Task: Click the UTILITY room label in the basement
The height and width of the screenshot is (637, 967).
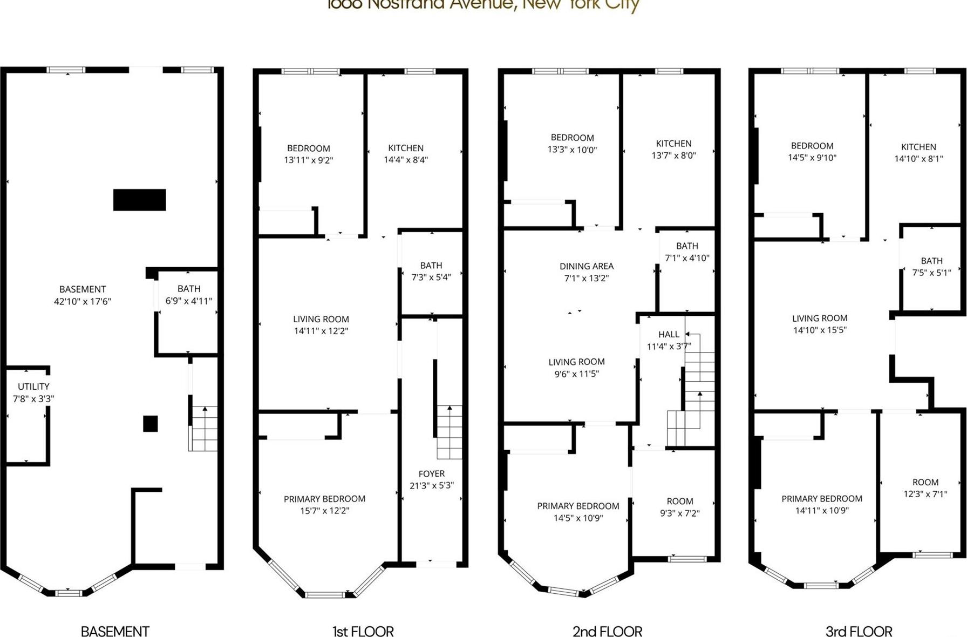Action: (x=33, y=387)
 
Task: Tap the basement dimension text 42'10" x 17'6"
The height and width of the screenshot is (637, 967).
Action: (x=82, y=301)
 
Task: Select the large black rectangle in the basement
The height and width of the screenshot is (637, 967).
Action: (x=139, y=200)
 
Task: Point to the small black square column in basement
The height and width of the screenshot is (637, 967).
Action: (x=150, y=424)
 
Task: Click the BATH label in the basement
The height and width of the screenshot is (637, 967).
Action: (x=189, y=289)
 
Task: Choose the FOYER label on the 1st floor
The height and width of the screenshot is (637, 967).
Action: (x=431, y=473)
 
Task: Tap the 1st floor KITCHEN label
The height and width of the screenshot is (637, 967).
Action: (x=406, y=148)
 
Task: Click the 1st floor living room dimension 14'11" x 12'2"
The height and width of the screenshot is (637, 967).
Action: (x=321, y=331)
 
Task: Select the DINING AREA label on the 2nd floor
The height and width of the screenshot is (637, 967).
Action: (x=587, y=266)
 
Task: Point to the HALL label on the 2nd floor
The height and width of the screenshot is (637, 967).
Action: (x=669, y=334)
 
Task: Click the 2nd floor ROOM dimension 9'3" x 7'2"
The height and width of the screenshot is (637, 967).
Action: (x=680, y=513)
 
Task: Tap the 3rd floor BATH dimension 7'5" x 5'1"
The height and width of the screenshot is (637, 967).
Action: (x=931, y=273)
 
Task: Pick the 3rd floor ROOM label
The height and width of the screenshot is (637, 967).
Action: (x=925, y=482)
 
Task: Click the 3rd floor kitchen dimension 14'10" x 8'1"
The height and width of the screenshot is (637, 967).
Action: (x=918, y=159)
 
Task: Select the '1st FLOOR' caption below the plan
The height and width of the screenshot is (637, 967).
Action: (x=363, y=631)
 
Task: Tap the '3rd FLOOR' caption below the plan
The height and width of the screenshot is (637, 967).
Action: (x=859, y=631)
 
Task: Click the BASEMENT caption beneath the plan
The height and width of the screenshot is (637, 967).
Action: (x=115, y=631)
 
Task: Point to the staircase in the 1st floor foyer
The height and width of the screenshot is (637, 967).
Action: (x=450, y=432)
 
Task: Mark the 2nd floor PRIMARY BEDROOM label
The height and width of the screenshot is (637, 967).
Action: (x=578, y=506)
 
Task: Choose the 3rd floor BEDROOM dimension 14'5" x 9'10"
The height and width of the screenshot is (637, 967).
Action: (x=812, y=158)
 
